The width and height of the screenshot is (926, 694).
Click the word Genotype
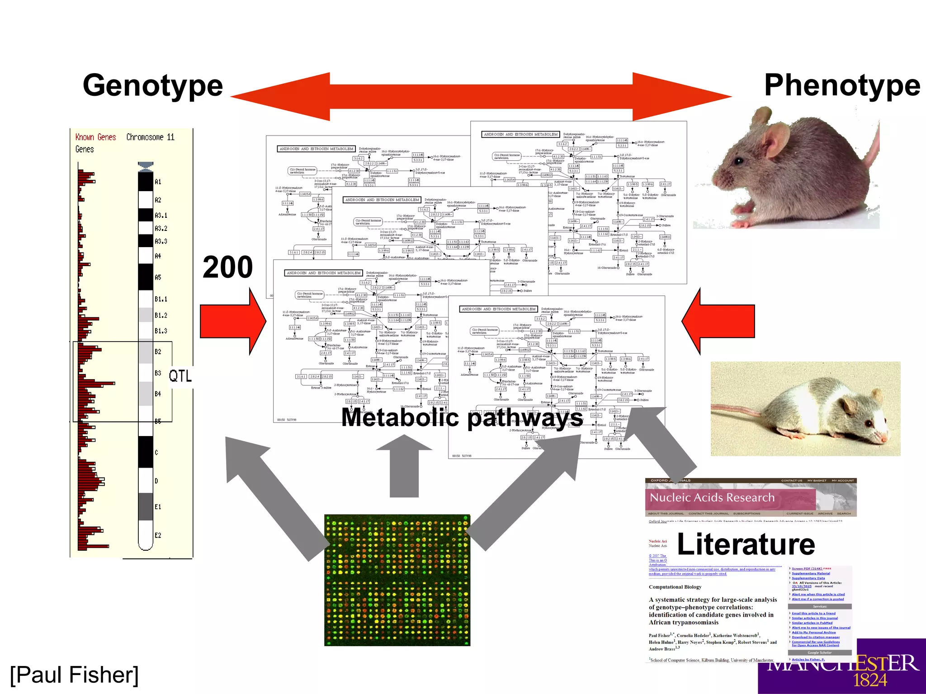point(153,86)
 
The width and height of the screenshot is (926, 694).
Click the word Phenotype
point(842,86)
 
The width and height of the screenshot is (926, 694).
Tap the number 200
point(227,267)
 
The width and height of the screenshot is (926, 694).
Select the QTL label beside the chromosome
point(180,376)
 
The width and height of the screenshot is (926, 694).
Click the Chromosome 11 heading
point(150,137)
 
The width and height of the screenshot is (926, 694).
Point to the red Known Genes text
point(95,137)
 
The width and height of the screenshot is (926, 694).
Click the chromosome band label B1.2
point(161,315)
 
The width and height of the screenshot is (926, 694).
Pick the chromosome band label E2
point(158,535)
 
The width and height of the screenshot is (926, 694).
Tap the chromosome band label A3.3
point(161,241)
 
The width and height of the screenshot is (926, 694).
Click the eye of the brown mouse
point(739,160)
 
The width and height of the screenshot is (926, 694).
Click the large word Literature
point(746,544)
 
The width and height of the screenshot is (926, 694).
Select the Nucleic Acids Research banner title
point(712,497)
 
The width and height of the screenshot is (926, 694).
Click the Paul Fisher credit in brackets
point(74,675)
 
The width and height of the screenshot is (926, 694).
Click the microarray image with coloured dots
point(397,580)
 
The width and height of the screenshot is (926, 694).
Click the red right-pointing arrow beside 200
point(233,321)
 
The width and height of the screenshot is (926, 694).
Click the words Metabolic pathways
point(461,417)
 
